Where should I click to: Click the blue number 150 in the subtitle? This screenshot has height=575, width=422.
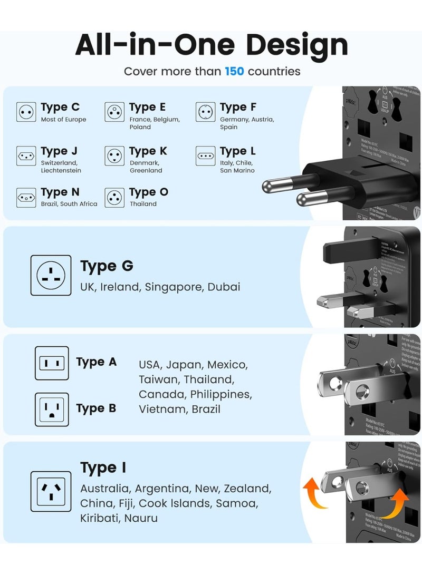234,71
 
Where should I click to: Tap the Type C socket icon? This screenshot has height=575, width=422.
26,112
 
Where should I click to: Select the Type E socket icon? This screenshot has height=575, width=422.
114,112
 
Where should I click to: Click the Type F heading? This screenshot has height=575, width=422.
238,107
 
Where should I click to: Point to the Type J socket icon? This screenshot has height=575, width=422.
26,156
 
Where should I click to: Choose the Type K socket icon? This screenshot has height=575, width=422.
114,156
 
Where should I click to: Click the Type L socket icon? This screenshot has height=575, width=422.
205,156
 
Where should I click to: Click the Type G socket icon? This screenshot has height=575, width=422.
51,275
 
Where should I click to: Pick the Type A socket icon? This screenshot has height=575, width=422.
52,363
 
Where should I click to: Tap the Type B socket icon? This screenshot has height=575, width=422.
52,410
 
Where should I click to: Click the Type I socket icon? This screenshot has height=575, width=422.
51,491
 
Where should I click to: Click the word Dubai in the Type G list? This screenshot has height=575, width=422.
224,287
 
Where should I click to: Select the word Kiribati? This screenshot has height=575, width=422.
100,518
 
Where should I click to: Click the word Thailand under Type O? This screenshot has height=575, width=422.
143,204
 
